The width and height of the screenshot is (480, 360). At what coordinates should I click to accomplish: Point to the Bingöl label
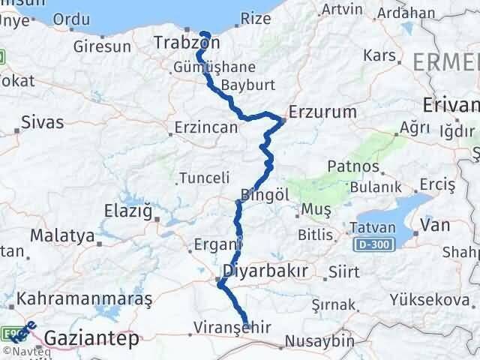(264, 194)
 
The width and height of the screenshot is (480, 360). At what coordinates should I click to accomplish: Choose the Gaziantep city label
(91, 339)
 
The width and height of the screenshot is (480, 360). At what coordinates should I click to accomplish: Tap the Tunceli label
(203, 178)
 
